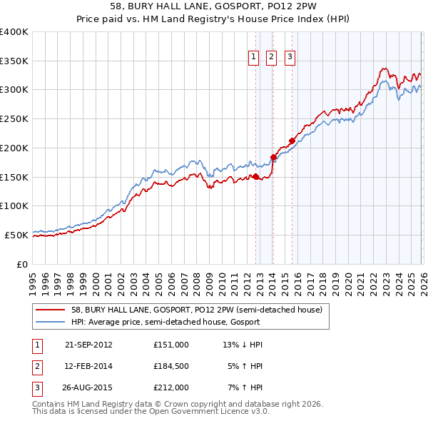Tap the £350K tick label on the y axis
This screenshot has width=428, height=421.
[x=14, y=61]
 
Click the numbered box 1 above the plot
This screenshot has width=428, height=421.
[x=254, y=58]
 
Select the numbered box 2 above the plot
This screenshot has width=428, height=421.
[x=272, y=58]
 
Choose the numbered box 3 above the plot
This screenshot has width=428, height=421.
[x=290, y=58]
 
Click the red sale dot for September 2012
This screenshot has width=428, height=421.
[x=255, y=176]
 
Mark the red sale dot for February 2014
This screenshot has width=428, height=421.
[x=273, y=157]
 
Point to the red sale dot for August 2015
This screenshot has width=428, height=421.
[x=292, y=141]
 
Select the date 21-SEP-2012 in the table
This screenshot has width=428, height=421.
[x=88, y=345]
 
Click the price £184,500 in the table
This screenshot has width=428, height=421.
[x=171, y=365]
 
